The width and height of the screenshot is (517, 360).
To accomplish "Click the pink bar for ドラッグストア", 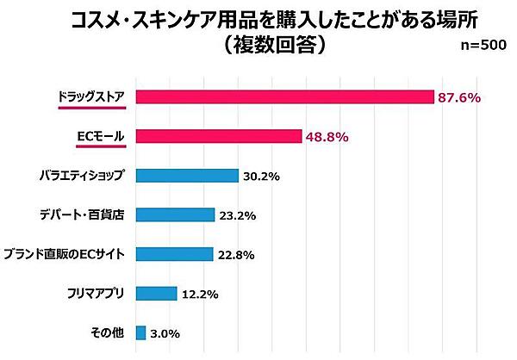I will click(284, 96).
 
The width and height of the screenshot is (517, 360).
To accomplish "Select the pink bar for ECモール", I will click(219, 136).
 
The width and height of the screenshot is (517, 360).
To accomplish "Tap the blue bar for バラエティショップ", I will click(187, 176).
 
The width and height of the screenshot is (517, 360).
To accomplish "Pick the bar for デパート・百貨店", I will click(175, 214).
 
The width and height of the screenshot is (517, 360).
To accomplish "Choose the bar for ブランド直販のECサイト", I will click(174, 253).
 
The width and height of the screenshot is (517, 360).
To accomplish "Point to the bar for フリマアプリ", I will click(156, 293).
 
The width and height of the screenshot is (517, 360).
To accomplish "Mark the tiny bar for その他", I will click(140, 332).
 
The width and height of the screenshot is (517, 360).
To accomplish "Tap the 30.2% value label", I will click(262, 177).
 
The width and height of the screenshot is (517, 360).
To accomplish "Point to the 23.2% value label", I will click(238, 215).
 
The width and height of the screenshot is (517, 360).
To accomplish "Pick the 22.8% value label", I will click(236, 254).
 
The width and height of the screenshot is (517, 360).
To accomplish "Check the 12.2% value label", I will click(201, 294).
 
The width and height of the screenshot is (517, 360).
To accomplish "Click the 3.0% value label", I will click(164, 333).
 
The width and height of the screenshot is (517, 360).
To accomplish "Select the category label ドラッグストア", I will click(90, 96).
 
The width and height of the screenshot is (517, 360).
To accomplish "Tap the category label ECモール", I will click(100, 136).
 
